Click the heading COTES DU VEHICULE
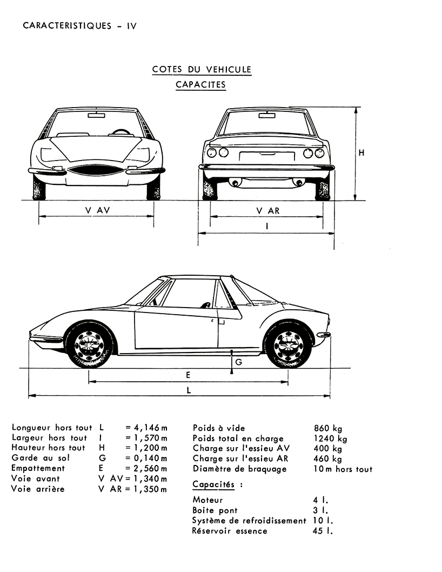pos(202,69)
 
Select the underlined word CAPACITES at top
pos(200,85)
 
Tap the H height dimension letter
pos(361,153)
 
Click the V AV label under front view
pos(97,210)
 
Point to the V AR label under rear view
pos(267,211)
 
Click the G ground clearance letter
pos(239,362)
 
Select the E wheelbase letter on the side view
pos(188,375)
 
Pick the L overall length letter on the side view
pos(189,390)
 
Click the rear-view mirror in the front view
pos(96,116)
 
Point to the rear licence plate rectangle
pos(266,156)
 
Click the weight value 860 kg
pos(328,428)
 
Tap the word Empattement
pos(38,468)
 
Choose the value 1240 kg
pos(330,438)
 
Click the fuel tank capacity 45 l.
pos(323,531)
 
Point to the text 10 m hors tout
pos(343,469)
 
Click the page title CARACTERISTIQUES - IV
pos(80,26)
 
